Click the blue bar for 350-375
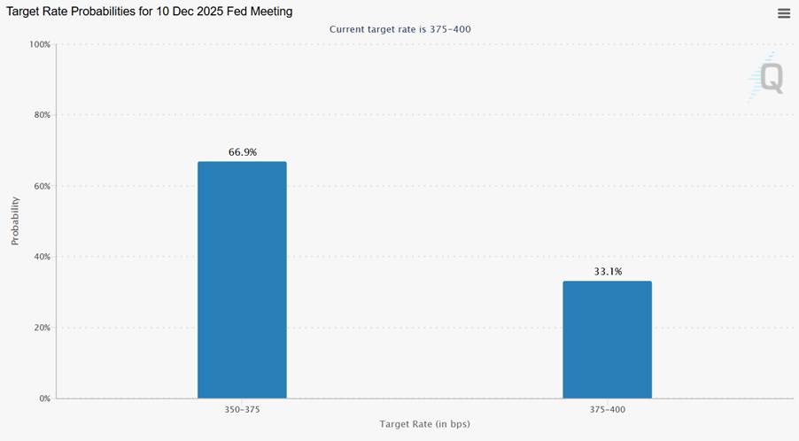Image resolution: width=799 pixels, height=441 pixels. click(x=242, y=280)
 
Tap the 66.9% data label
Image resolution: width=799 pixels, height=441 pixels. click(x=243, y=152)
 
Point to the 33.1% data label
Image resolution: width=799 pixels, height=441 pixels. click(x=608, y=272)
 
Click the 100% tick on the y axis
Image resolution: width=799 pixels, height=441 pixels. click(x=39, y=44)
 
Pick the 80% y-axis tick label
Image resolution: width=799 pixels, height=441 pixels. click(x=41, y=115)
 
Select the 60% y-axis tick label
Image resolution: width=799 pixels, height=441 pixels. click(x=41, y=186)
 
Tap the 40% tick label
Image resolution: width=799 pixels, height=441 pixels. click(x=41, y=257)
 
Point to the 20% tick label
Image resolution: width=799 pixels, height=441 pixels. click(x=41, y=328)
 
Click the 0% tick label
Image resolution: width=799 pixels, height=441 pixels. click(x=43, y=398)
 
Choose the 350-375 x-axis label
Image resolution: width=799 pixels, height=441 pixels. click(x=242, y=410)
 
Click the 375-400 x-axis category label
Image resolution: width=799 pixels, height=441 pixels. click(x=607, y=410)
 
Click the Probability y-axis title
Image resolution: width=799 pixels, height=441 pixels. click(x=15, y=221)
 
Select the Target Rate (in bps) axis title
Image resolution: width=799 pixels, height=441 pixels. click(x=425, y=424)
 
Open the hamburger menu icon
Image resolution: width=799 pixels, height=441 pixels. click(x=784, y=13)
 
